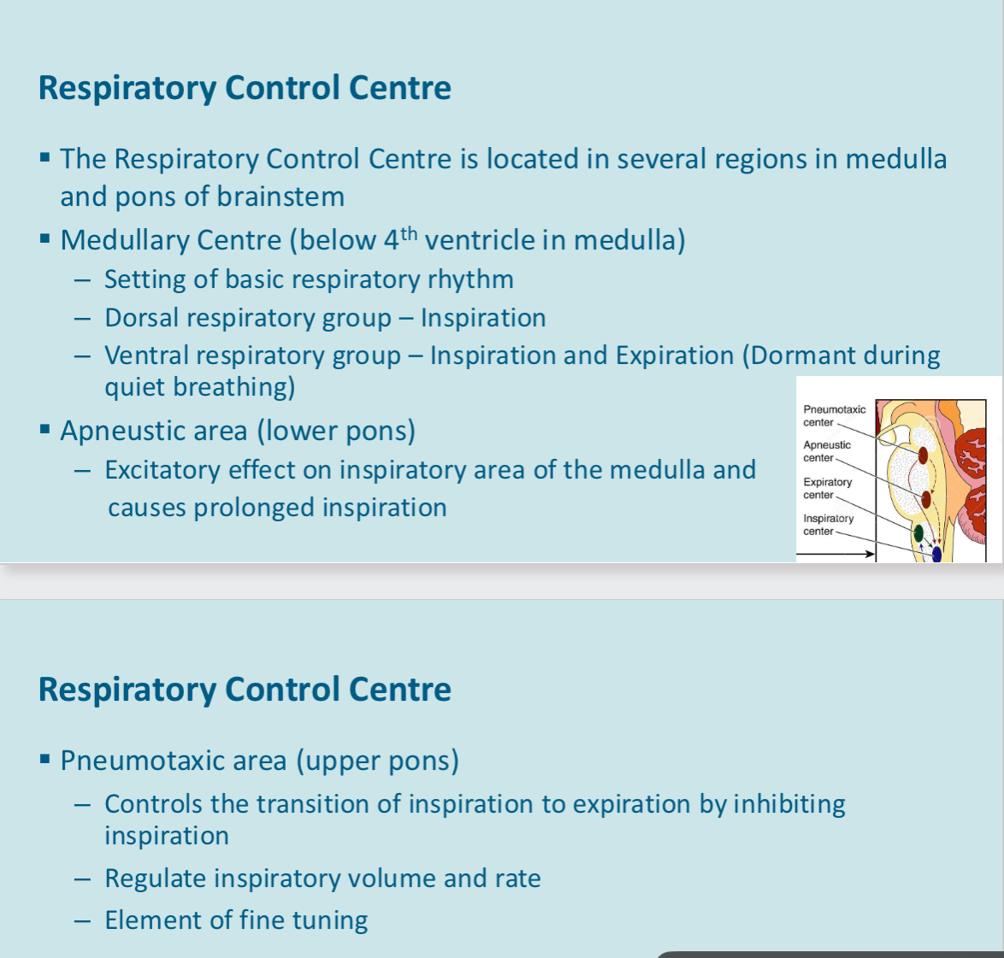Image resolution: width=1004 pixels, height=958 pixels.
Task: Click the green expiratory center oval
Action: pos(918,533)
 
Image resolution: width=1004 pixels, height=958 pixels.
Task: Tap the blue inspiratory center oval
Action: pos(936,554)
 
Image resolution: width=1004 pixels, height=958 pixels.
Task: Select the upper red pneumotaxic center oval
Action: pos(923,455)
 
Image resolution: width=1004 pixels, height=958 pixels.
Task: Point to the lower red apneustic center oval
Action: pos(925,499)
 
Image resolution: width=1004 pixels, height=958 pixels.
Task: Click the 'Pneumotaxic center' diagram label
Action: pos(834,415)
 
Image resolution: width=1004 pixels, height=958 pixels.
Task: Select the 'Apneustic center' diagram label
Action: pos(827,451)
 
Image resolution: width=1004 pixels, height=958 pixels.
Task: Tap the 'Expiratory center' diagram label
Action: pos(827,488)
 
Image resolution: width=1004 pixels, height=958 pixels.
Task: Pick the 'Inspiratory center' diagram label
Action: pos(828,524)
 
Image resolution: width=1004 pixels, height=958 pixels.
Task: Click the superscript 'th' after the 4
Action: pos(409,233)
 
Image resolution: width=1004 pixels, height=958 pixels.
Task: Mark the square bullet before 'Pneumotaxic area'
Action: pos(45,759)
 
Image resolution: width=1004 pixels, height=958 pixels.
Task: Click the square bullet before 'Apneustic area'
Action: pos(45,429)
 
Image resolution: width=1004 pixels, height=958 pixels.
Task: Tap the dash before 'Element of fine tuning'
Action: pos(81,921)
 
